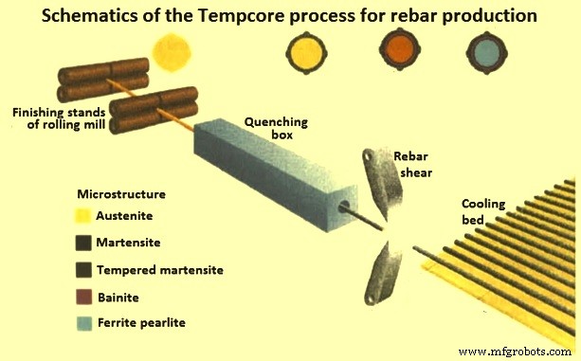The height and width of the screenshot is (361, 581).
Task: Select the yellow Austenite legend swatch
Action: [84, 215]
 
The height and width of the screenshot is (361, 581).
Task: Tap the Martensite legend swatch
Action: [84, 244]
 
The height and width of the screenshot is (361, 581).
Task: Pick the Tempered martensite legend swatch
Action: [84, 271]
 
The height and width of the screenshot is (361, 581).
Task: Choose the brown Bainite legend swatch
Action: [84, 298]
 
